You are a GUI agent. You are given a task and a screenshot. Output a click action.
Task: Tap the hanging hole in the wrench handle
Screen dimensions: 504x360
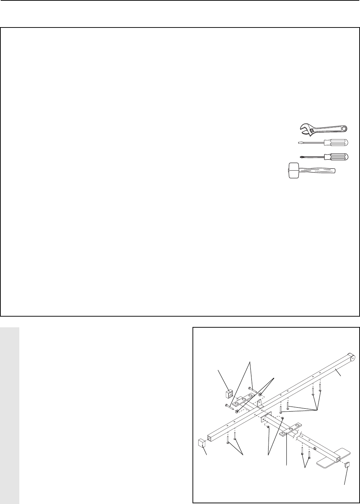pyautogui.click(x=344, y=128)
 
